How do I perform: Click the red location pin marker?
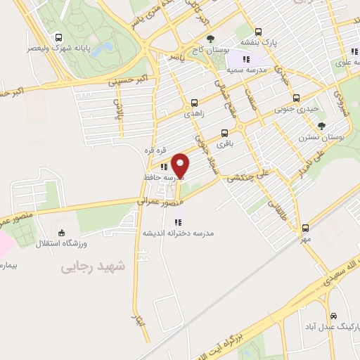181,166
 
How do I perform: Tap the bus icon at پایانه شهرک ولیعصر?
56,38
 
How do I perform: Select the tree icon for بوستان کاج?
210,38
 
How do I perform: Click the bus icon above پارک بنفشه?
258,32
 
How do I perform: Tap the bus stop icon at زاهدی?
194,103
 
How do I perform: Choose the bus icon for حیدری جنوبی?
295,98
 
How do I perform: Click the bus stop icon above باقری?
224,132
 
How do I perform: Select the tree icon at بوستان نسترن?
321,125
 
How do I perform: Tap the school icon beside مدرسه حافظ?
164,167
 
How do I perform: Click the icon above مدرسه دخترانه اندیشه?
187,222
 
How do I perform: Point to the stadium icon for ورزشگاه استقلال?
62,233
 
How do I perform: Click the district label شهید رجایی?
91,266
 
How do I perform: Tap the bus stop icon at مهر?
305,228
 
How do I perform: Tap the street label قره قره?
155,150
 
